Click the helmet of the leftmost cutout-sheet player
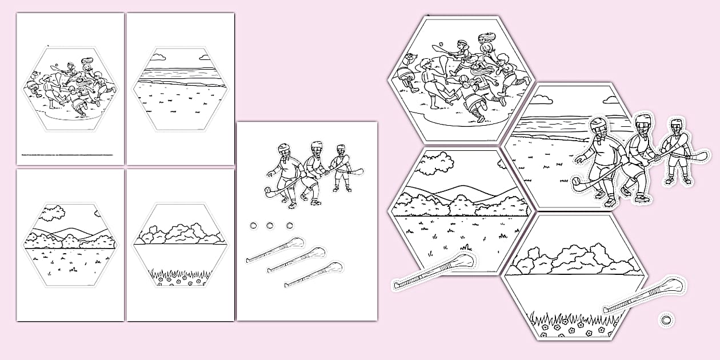tap(283, 149)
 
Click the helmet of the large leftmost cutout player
tap(597, 128)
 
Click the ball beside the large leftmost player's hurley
tap(577, 181)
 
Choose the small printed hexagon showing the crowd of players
tap(70, 89)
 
